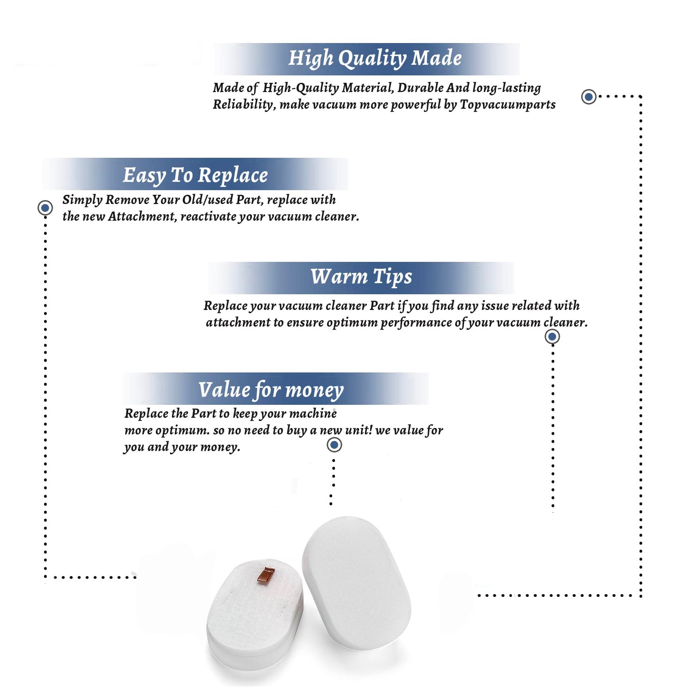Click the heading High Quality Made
(375, 59)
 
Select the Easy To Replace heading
(195, 175)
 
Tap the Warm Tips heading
(361, 277)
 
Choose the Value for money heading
(271, 390)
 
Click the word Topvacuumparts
(508, 105)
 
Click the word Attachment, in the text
(143, 217)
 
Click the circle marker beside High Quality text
(589, 97)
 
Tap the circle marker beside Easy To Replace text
(45, 208)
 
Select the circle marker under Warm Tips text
(552, 336)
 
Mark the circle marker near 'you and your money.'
(334, 445)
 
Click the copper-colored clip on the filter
(266, 575)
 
